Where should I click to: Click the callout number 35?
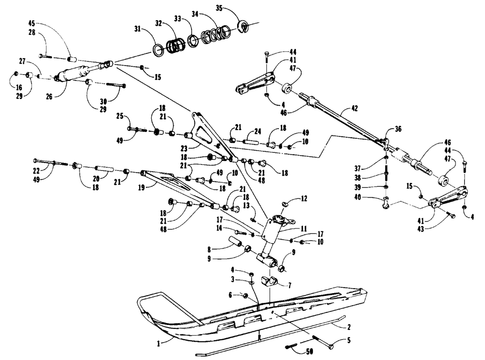[219, 8]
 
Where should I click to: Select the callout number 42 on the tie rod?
[355, 108]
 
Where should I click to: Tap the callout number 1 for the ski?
[159, 344]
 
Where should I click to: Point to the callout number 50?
[309, 351]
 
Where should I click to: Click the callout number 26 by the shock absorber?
[49, 97]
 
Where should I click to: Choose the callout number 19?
[141, 187]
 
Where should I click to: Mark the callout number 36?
[398, 129]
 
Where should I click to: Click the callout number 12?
[304, 198]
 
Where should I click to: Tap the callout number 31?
[138, 29]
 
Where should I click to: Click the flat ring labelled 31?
[158, 50]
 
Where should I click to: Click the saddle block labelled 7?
[269, 281]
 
